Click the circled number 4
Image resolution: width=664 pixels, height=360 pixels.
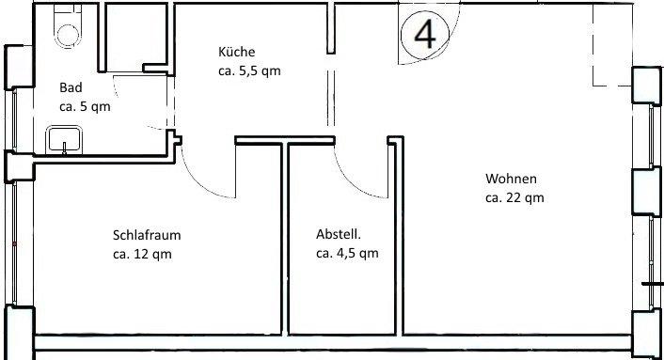(x=425, y=35)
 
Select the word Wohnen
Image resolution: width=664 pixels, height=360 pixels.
(x=511, y=179)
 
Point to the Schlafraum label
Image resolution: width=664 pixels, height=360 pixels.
(x=145, y=235)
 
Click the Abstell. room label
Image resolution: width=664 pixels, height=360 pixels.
(x=339, y=235)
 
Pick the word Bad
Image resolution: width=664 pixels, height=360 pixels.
(x=71, y=87)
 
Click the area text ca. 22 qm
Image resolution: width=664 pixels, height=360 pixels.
(x=514, y=197)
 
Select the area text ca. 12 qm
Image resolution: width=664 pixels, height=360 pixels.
(x=143, y=253)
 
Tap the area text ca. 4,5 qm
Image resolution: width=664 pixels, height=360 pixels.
(x=347, y=253)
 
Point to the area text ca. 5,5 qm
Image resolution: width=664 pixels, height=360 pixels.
(x=249, y=70)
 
